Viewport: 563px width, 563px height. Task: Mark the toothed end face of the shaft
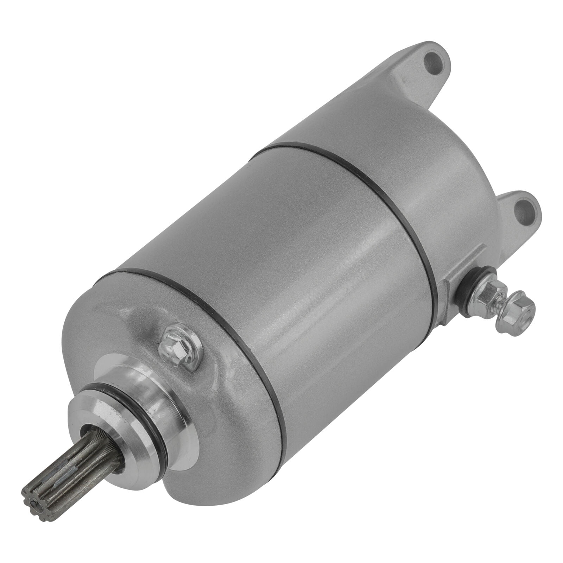coord(35,493)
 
